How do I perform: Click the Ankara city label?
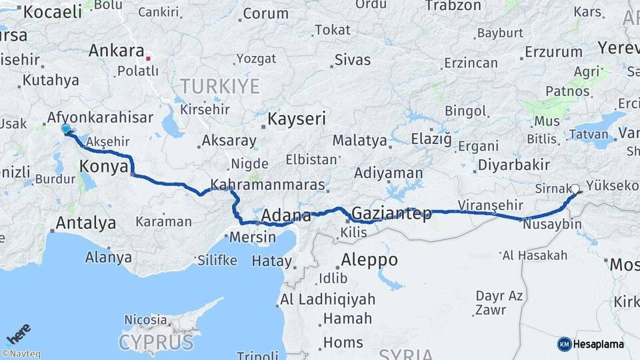click(117, 51)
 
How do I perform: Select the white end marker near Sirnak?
click(575, 189)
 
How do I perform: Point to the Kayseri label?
click(297, 120)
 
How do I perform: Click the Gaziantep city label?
click(391, 215)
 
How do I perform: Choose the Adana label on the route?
click(286, 216)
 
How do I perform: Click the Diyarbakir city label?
click(513, 165)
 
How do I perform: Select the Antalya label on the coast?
click(86, 223)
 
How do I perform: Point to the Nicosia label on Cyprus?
click(145, 320)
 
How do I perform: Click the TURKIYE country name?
click(219, 86)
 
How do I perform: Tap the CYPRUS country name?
click(156, 343)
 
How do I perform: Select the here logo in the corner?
click(19, 333)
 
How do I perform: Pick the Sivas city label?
click(352, 60)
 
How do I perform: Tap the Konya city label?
click(103, 167)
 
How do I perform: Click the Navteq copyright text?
click(21, 354)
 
